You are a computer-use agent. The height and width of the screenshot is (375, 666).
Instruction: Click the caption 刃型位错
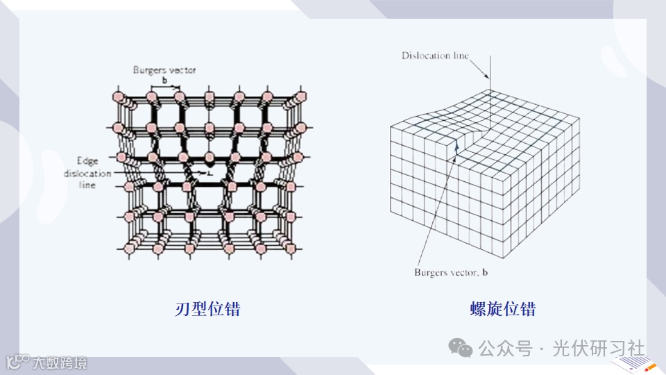207,309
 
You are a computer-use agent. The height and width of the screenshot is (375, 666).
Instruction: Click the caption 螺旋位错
503,309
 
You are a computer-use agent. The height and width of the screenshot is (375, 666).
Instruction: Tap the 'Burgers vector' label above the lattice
164,70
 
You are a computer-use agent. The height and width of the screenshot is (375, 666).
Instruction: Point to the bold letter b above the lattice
164,80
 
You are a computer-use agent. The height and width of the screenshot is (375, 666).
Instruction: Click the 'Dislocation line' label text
435,56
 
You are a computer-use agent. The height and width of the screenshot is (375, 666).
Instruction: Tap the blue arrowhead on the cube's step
456,144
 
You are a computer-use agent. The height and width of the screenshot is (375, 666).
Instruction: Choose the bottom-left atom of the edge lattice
128,248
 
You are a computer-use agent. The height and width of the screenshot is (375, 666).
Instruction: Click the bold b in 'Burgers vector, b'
485,273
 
